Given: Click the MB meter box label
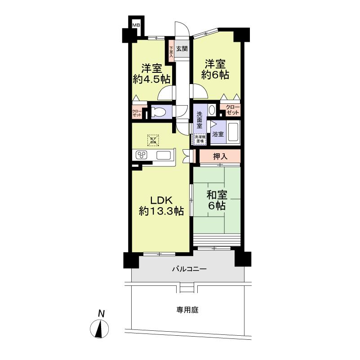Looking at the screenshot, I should coord(135,25).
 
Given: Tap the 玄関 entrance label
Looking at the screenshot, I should coord(182,49).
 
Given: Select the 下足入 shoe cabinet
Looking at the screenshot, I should coord(171,49).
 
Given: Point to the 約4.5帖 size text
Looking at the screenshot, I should coord(151,80).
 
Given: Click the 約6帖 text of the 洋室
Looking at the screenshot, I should coord(215,75).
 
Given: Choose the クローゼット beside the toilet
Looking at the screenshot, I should coord(137,112).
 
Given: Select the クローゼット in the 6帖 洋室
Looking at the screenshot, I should coord(232,110).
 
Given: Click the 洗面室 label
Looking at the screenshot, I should coord(200,119).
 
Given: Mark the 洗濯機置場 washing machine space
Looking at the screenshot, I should coord(200,139).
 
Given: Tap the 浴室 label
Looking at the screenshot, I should coord(218,134).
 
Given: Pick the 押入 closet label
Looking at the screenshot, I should coord(220,156).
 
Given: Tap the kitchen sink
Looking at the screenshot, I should coord(163,156).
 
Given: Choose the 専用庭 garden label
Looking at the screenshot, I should coord(187,310).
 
